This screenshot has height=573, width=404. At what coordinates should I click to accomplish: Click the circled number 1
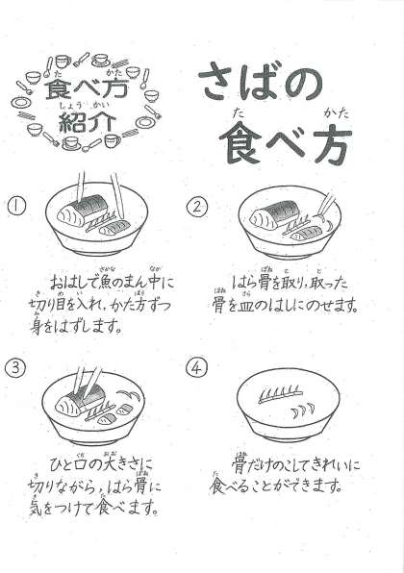pyautogui.click(x=16, y=207)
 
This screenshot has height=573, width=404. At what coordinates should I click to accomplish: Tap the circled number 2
pyautogui.click(x=196, y=207)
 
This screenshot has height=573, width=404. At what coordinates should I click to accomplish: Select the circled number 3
pyautogui.click(x=14, y=367)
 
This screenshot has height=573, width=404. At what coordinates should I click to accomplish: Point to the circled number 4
pyautogui.click(x=195, y=368)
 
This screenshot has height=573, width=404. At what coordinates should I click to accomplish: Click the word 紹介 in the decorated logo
pyautogui.click(x=87, y=122)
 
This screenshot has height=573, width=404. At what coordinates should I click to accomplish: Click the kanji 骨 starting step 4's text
pyautogui.click(x=240, y=464)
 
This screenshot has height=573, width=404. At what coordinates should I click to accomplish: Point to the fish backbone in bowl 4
pyautogui.click(x=281, y=395)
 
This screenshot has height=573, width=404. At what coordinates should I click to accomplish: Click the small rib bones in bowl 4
pyautogui.click(x=302, y=410)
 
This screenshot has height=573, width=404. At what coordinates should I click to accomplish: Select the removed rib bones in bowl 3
pyautogui.click(x=128, y=395)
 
